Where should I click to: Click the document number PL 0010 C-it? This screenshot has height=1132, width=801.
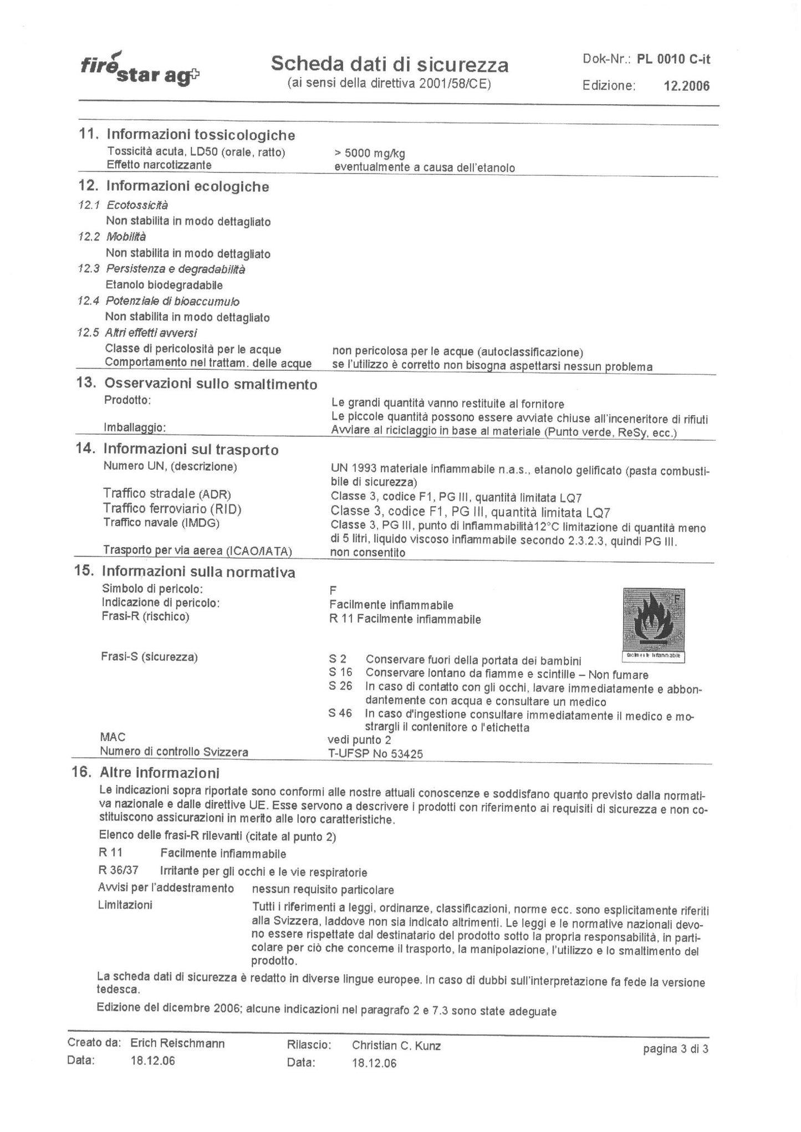coord(674,59)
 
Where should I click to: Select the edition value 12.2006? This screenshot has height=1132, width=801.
coord(686,86)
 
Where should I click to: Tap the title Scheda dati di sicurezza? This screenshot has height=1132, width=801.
coord(389,65)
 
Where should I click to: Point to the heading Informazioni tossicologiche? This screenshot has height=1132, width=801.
coord(201,135)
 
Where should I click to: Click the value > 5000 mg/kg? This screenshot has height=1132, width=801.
coord(370,154)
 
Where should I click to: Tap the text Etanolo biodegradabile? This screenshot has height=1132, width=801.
coord(164,285)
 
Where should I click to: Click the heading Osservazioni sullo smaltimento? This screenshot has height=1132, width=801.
coord(211,384)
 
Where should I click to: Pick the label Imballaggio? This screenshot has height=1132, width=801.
coord(135,427)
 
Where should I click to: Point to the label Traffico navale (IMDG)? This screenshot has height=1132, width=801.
coord(161,523)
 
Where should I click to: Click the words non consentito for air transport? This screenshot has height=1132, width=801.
coord(368,552)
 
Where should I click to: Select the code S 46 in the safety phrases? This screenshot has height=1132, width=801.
coord(340,713)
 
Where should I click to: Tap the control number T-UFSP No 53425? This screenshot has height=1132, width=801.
coord(375,754)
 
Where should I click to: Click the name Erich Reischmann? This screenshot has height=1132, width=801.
coord(177,1043)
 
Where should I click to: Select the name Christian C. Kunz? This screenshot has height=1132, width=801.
coord(396,1046)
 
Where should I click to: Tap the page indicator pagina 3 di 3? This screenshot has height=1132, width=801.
coord(675,1048)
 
